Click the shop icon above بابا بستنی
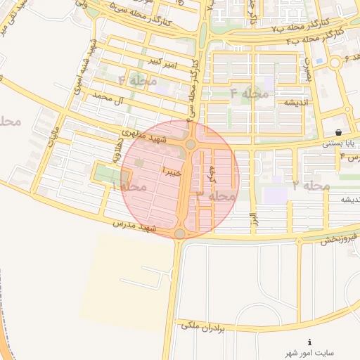(x=339, y=132)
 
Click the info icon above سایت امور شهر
(x=309, y=342)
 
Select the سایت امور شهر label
(x=310, y=352)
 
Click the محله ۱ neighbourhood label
(x=129, y=186)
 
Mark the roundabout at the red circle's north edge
(x=191, y=145)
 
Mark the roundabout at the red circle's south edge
(x=180, y=233)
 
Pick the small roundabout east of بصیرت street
(x=335, y=62)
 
